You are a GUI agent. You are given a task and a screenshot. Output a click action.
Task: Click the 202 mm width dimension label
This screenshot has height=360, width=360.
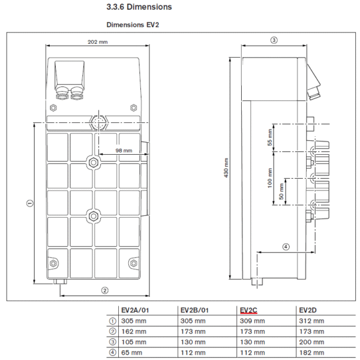click(98, 42)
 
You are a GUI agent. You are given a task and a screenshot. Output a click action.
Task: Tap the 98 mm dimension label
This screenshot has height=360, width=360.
click(124, 151)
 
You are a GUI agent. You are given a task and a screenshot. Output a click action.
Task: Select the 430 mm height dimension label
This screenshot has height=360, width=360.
click(226, 167)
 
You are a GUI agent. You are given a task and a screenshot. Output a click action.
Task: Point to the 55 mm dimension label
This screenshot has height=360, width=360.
click(270, 137)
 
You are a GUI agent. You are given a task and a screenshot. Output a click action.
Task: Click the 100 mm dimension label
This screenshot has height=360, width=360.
click(270, 178)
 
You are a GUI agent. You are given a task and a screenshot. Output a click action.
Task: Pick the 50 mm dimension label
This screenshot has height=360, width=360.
click(281, 191)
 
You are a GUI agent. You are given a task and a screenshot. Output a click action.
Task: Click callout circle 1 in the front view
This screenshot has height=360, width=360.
click(30, 203)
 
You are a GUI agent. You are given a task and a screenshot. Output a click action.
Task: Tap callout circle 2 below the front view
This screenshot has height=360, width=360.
click(104, 290)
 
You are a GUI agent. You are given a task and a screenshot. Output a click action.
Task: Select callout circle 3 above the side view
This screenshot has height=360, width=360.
click(274, 40)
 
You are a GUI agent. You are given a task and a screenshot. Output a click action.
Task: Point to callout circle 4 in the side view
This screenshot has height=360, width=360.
click(286, 247)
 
